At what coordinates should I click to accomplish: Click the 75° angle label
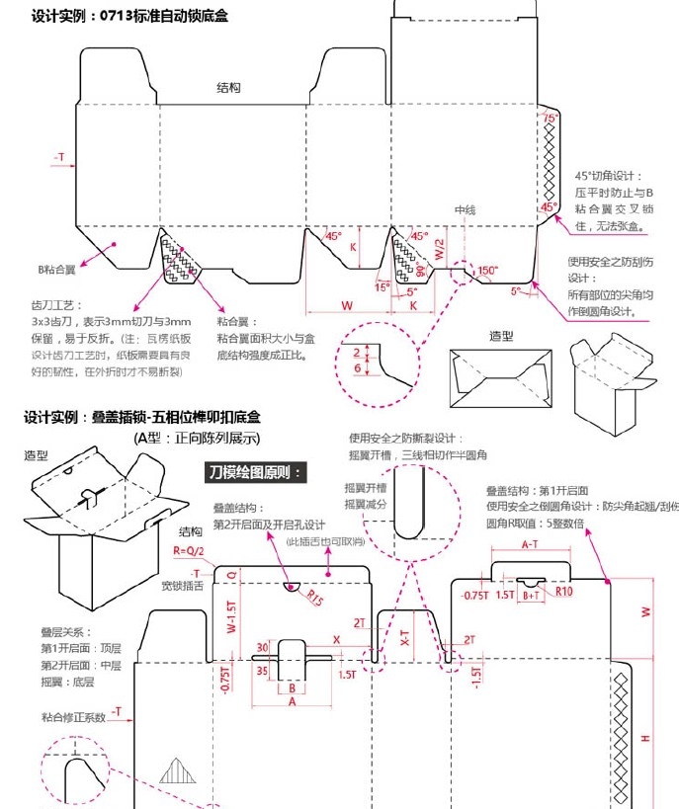[x=550, y=118]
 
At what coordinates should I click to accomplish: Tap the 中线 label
[x=465, y=210]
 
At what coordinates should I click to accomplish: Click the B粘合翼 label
[x=57, y=269]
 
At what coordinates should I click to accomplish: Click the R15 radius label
[x=314, y=597]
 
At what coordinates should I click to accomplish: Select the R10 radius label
[x=563, y=591]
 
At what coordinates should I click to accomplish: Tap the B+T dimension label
[x=532, y=595]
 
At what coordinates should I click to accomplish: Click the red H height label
[x=645, y=738]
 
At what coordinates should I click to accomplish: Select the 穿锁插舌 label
[x=182, y=586]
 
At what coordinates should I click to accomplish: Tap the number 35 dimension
[x=263, y=669]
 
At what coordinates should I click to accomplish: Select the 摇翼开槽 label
[x=365, y=488]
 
